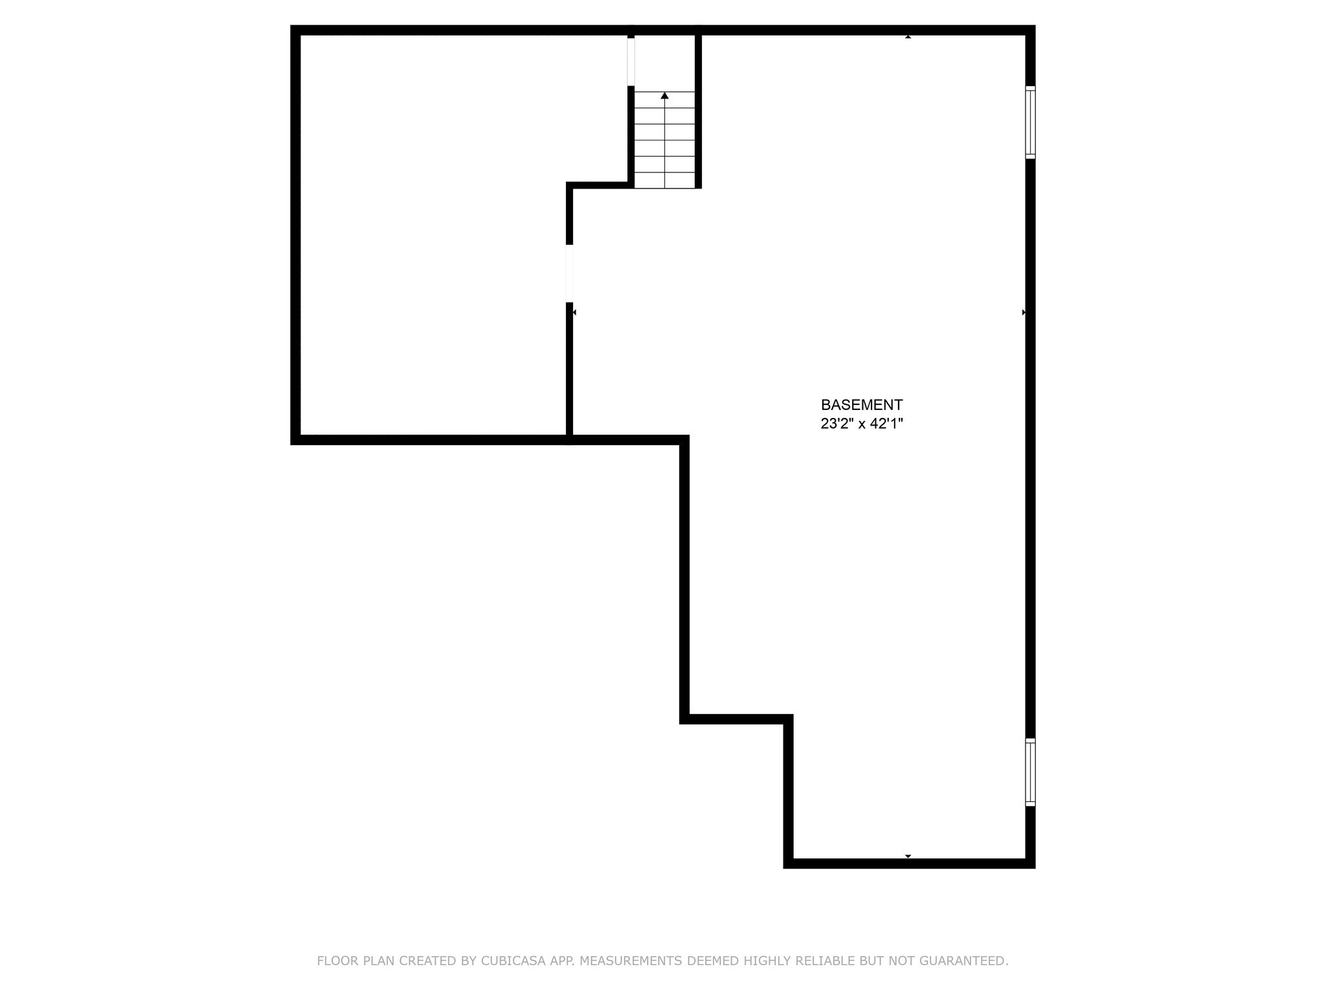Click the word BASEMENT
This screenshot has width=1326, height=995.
pyautogui.click(x=861, y=405)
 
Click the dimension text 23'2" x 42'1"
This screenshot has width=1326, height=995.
pyautogui.click(x=861, y=424)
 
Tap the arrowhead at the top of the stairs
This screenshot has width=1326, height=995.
pyautogui.click(x=664, y=96)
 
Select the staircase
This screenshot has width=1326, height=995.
pyautogui.click(x=664, y=139)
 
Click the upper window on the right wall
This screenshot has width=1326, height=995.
pyautogui.click(x=1030, y=122)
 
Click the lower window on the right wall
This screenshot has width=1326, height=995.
pyautogui.click(x=1030, y=772)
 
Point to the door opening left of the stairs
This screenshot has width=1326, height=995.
pyautogui.click(x=631, y=62)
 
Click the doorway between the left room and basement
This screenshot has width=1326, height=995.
pyautogui.click(x=570, y=273)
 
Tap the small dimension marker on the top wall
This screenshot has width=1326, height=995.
pyautogui.click(x=908, y=37)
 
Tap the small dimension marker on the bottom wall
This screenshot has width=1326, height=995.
pyautogui.click(x=908, y=856)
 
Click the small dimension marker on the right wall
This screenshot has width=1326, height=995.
pyautogui.click(x=1024, y=312)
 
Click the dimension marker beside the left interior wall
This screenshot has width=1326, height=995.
pyautogui.click(x=574, y=312)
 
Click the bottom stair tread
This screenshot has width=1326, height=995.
pyautogui.click(x=664, y=181)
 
